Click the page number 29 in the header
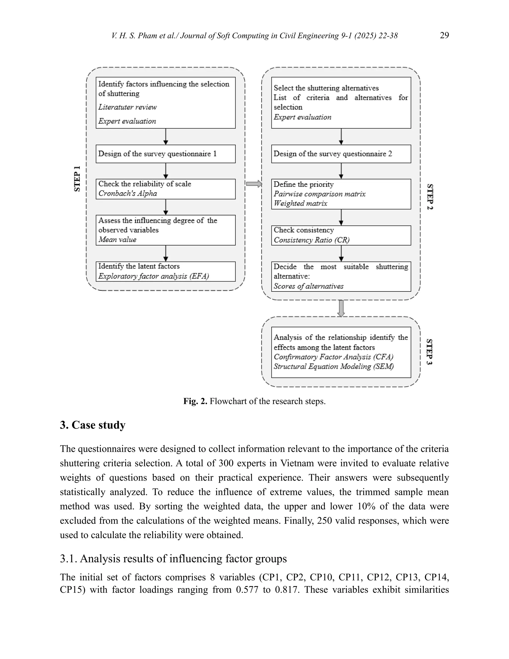(x=444, y=35)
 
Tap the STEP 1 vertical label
(x=77, y=178)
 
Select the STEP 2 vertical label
(x=430, y=196)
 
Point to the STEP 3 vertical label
(x=429, y=352)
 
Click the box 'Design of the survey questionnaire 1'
(x=166, y=154)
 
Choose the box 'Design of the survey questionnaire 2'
(x=341, y=154)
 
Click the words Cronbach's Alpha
(x=127, y=193)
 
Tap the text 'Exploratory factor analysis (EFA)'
(x=154, y=276)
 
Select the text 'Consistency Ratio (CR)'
(x=311, y=240)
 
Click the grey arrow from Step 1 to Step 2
(x=254, y=184)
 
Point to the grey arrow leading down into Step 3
(x=341, y=308)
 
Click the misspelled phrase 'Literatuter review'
(x=127, y=107)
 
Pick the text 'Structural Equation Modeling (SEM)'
(x=334, y=366)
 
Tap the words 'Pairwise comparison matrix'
(x=319, y=194)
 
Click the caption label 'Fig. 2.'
(x=195, y=401)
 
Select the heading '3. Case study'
(x=92, y=425)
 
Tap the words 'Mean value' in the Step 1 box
(x=117, y=239)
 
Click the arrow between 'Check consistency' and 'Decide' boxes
(x=341, y=253)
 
